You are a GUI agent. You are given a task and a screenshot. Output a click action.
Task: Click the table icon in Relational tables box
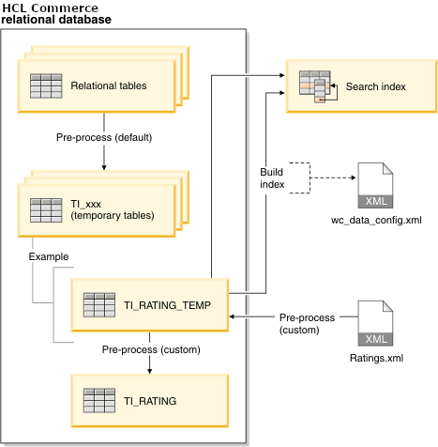click(47, 85)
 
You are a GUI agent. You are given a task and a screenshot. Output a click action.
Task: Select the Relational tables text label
click(109, 85)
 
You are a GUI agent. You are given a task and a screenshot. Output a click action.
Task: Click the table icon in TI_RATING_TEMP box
click(100, 305)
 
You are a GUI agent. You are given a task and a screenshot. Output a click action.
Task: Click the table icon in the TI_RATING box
click(100, 401)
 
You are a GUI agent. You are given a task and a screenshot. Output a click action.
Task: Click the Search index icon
click(314, 85)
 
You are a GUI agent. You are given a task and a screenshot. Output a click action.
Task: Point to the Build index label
click(273, 177)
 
